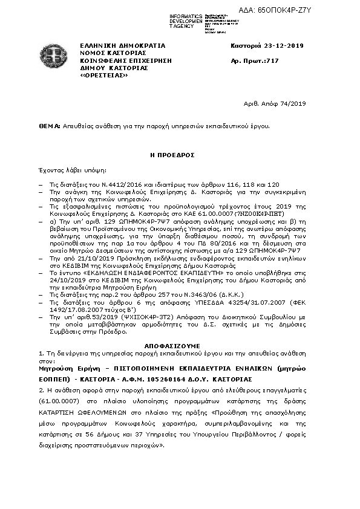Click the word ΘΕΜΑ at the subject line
click(x=48, y=126)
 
